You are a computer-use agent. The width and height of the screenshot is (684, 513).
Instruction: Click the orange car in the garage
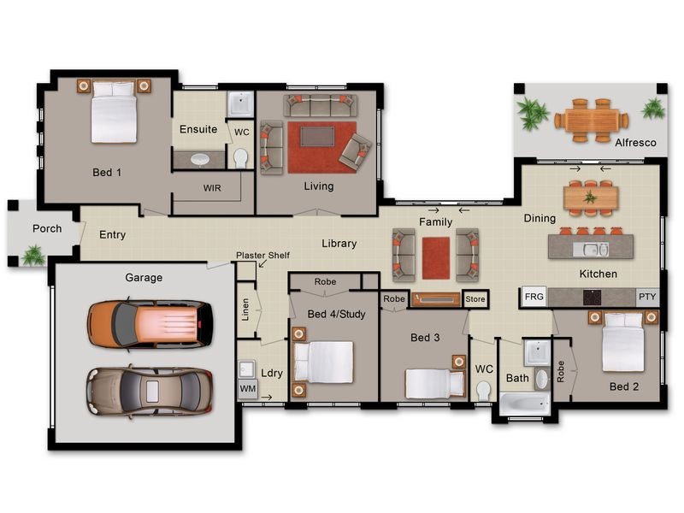150,325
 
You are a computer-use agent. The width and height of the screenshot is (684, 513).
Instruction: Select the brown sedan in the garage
150,391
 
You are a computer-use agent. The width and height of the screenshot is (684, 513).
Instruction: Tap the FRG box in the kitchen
534,297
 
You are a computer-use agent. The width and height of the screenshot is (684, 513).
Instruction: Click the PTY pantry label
647,297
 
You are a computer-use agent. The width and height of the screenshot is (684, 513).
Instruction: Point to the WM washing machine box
248,388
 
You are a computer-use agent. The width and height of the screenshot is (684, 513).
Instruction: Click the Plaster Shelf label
262,255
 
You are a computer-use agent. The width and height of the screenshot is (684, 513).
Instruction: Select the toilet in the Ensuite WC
240,158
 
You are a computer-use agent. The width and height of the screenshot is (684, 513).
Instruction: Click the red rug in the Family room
436,258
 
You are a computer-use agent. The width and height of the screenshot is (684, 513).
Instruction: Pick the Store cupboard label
475,298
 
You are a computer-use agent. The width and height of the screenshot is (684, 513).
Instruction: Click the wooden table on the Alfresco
592,121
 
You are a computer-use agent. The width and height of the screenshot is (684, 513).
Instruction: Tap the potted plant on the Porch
33,255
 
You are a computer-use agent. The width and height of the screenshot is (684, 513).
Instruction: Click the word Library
339,244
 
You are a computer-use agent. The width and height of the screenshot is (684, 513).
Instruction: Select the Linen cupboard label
245,310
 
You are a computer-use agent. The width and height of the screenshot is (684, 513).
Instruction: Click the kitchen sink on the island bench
591,250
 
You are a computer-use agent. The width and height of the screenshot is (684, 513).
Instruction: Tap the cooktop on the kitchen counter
592,298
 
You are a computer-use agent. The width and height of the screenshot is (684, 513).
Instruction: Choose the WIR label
212,188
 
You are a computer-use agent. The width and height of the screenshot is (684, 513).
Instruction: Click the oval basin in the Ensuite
200,160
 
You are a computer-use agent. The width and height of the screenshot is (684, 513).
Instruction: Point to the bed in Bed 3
433,382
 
